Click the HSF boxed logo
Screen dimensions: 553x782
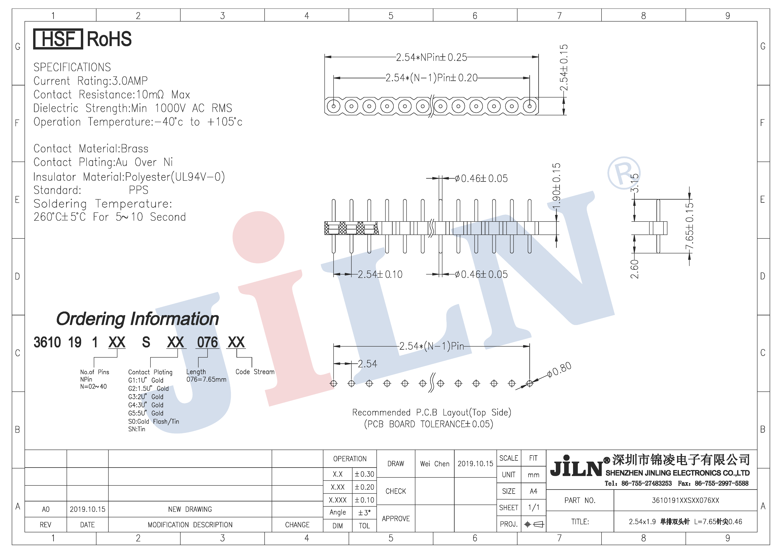(x=58, y=39)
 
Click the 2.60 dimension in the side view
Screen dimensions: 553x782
(x=634, y=269)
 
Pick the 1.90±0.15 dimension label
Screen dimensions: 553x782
(x=556, y=187)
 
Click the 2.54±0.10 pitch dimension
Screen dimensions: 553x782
(x=380, y=274)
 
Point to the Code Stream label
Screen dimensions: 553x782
(x=255, y=372)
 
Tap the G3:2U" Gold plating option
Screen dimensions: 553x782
(x=146, y=397)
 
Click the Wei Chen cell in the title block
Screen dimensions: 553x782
(x=435, y=464)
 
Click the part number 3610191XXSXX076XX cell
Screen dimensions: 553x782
(x=685, y=500)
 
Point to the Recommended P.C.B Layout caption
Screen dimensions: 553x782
(x=432, y=413)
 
